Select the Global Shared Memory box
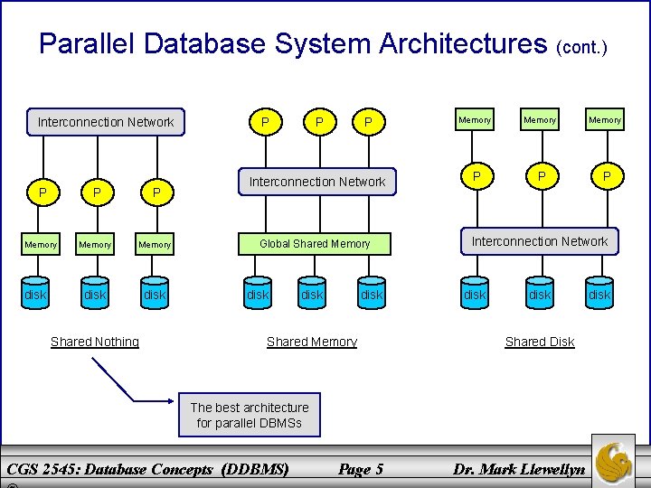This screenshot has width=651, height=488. pos(315,243)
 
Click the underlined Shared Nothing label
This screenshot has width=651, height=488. pos(95,342)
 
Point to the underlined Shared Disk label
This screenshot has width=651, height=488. pos(540,342)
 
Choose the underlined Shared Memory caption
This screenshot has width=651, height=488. pos(312,342)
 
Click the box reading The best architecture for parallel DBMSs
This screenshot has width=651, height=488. pos(250,415)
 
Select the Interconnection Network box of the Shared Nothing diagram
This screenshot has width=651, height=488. pos(106,122)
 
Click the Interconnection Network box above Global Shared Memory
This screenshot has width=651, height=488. pos(317,182)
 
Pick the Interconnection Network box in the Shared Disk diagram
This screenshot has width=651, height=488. pos(541,241)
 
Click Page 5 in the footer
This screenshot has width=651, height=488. pos(361,469)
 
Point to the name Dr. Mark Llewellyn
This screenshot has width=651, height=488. pos(519,469)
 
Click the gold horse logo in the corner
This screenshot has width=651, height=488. pos(613,460)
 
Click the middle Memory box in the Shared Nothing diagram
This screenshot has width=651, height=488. pos(95,245)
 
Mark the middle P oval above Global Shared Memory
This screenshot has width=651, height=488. pos(317,122)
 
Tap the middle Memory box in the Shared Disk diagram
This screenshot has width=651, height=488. pos(541,120)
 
